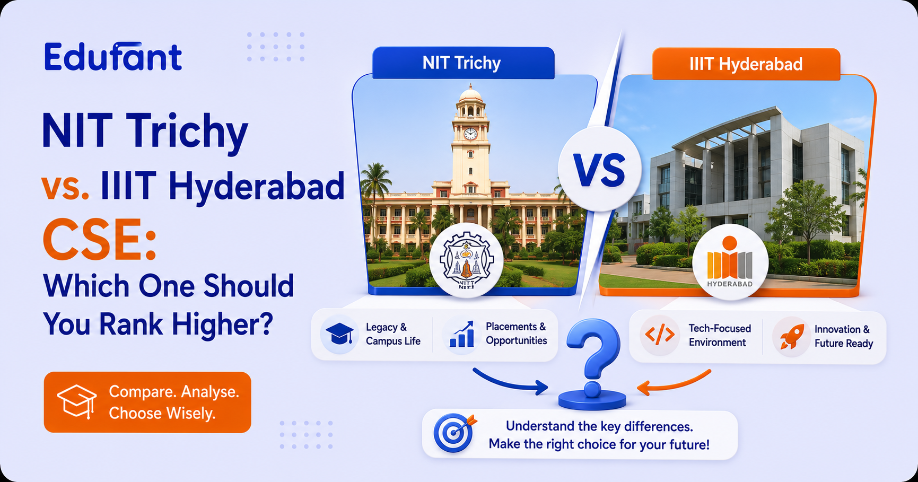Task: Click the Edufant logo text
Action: [113, 57]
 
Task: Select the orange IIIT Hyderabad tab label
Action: [746, 64]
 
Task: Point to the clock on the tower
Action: [470, 134]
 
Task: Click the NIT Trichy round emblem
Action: [467, 260]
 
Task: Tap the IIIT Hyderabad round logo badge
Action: [730, 263]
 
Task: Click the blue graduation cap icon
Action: [339, 335]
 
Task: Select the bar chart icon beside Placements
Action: [461, 334]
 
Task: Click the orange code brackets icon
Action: [660, 335]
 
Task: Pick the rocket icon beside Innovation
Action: [790, 336]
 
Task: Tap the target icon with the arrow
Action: [454, 433]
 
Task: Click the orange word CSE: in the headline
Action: [100, 239]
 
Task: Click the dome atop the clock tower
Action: [471, 95]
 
